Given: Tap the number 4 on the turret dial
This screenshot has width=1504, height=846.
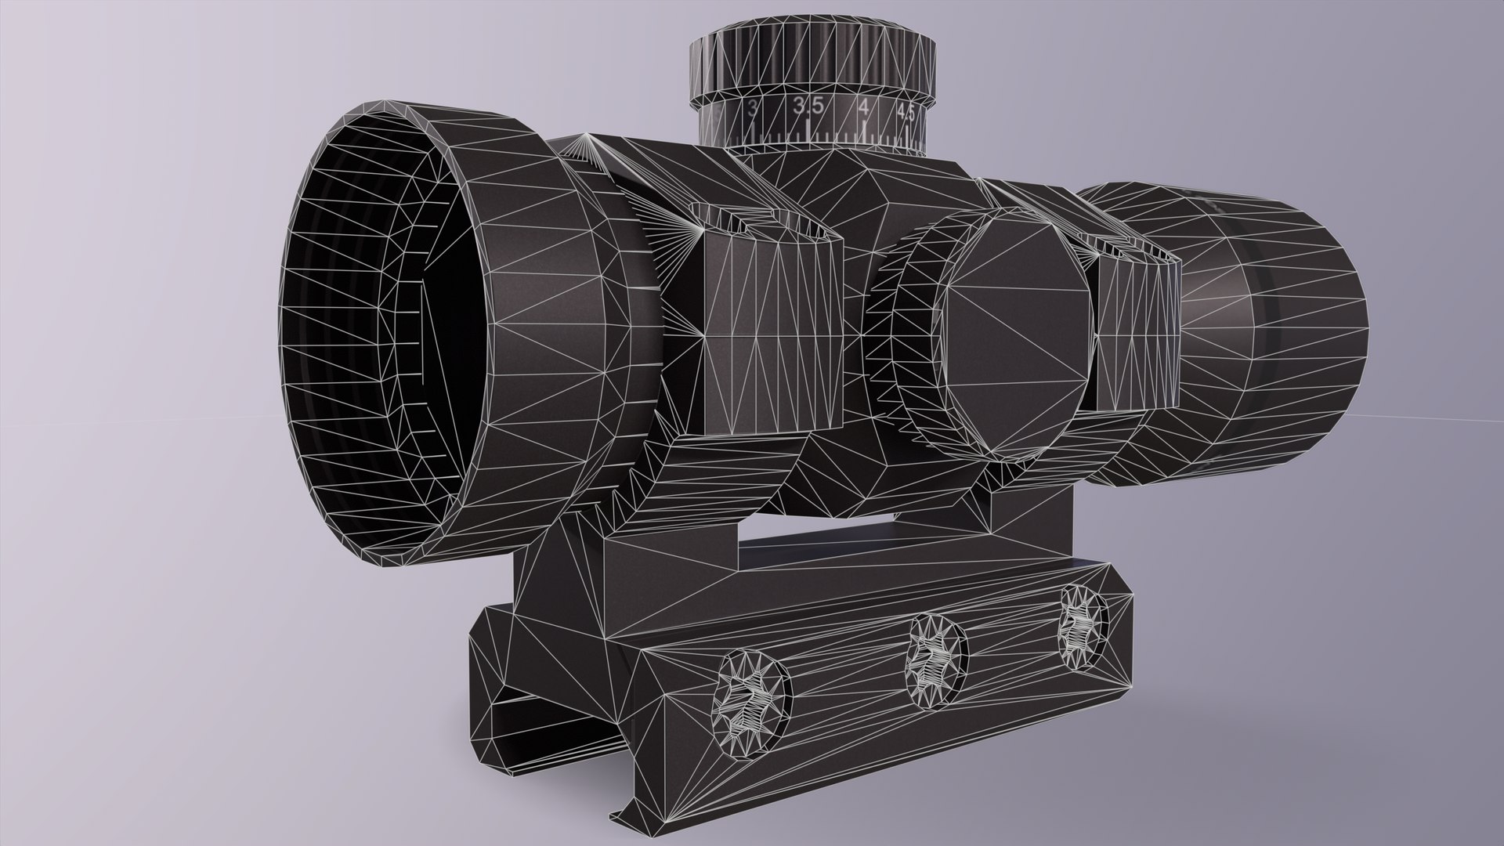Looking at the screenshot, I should point(863,109).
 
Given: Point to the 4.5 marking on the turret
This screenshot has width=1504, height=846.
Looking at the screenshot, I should point(906,112).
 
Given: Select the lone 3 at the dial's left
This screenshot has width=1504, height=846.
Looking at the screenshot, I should point(754,107).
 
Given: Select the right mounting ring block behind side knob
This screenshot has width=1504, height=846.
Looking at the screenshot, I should point(1136,329).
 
